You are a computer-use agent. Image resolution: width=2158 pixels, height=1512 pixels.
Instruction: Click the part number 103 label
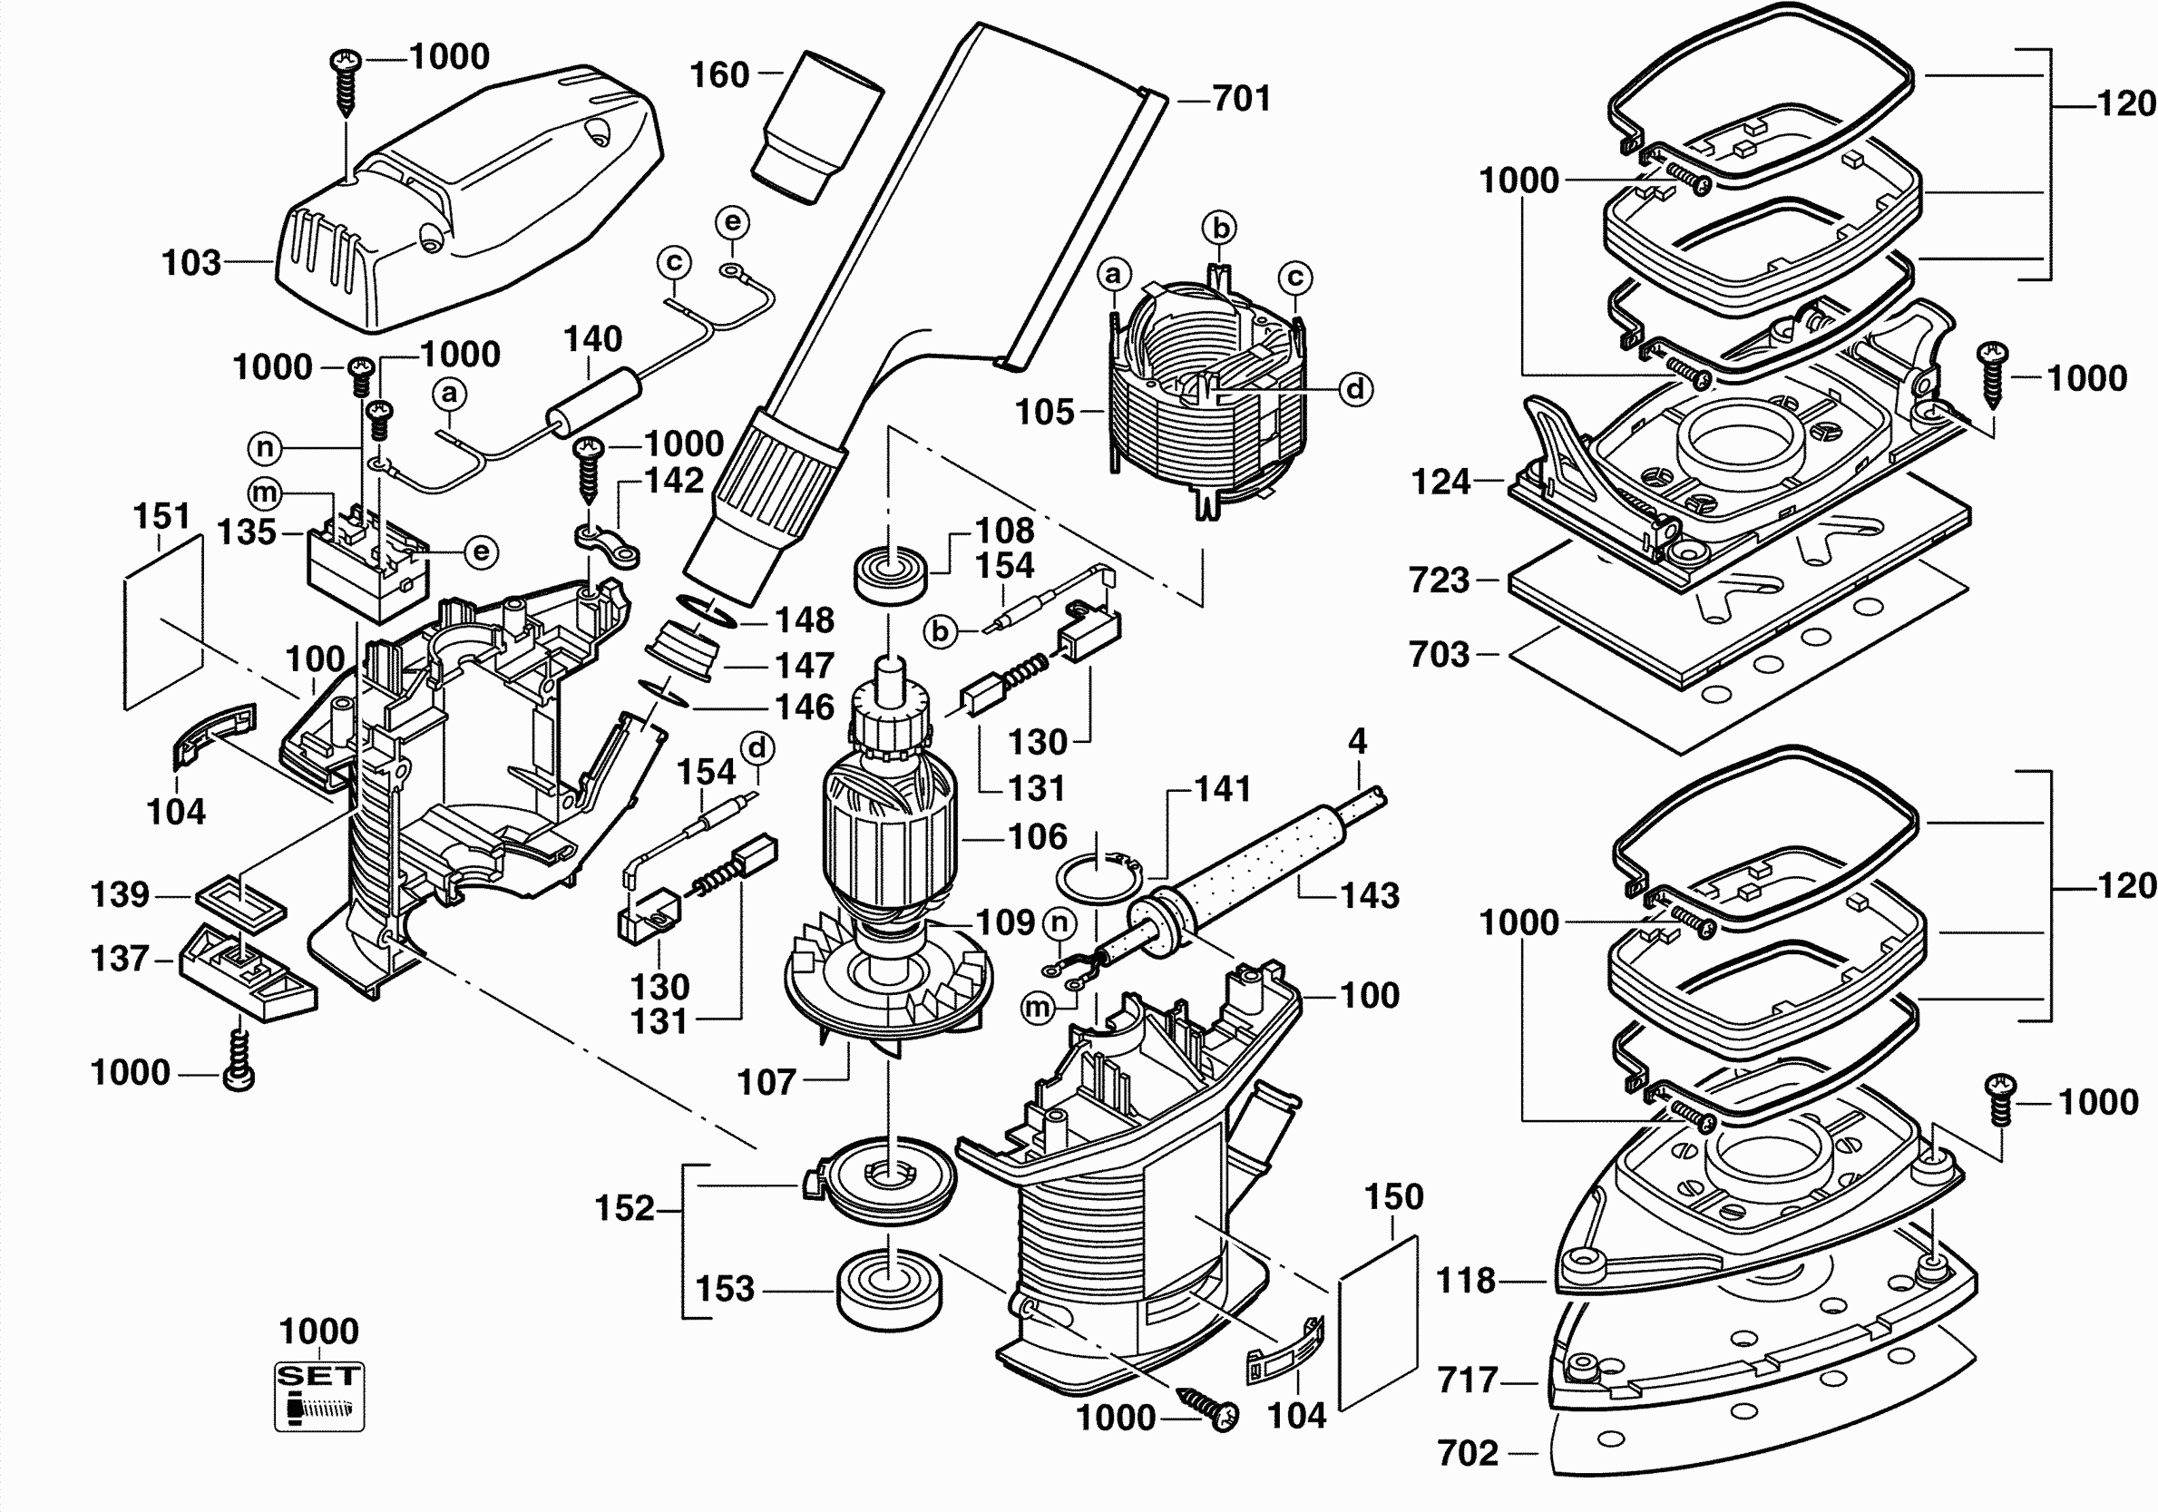[190, 263]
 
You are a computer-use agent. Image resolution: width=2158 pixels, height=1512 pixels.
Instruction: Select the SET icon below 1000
[319, 1397]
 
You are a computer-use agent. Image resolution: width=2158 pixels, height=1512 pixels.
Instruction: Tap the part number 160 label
[719, 75]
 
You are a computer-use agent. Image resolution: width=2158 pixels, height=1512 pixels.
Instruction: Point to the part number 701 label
[1241, 98]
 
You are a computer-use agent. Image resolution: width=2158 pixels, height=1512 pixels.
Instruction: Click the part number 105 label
[1044, 412]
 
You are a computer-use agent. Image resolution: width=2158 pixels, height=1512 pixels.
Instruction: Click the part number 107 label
[766, 1083]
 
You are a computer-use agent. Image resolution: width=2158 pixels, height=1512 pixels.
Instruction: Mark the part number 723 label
[1438, 580]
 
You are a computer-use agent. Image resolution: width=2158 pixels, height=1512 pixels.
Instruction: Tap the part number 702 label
[1467, 1454]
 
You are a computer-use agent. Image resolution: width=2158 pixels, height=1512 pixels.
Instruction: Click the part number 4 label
[1357, 741]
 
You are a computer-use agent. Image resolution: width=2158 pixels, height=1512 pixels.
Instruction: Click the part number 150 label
[1394, 1197]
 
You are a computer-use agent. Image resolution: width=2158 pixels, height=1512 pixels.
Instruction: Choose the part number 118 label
[1465, 1281]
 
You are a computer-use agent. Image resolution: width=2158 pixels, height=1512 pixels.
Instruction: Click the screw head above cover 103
[346, 62]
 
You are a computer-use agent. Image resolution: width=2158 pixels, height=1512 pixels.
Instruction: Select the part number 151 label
[161, 516]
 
